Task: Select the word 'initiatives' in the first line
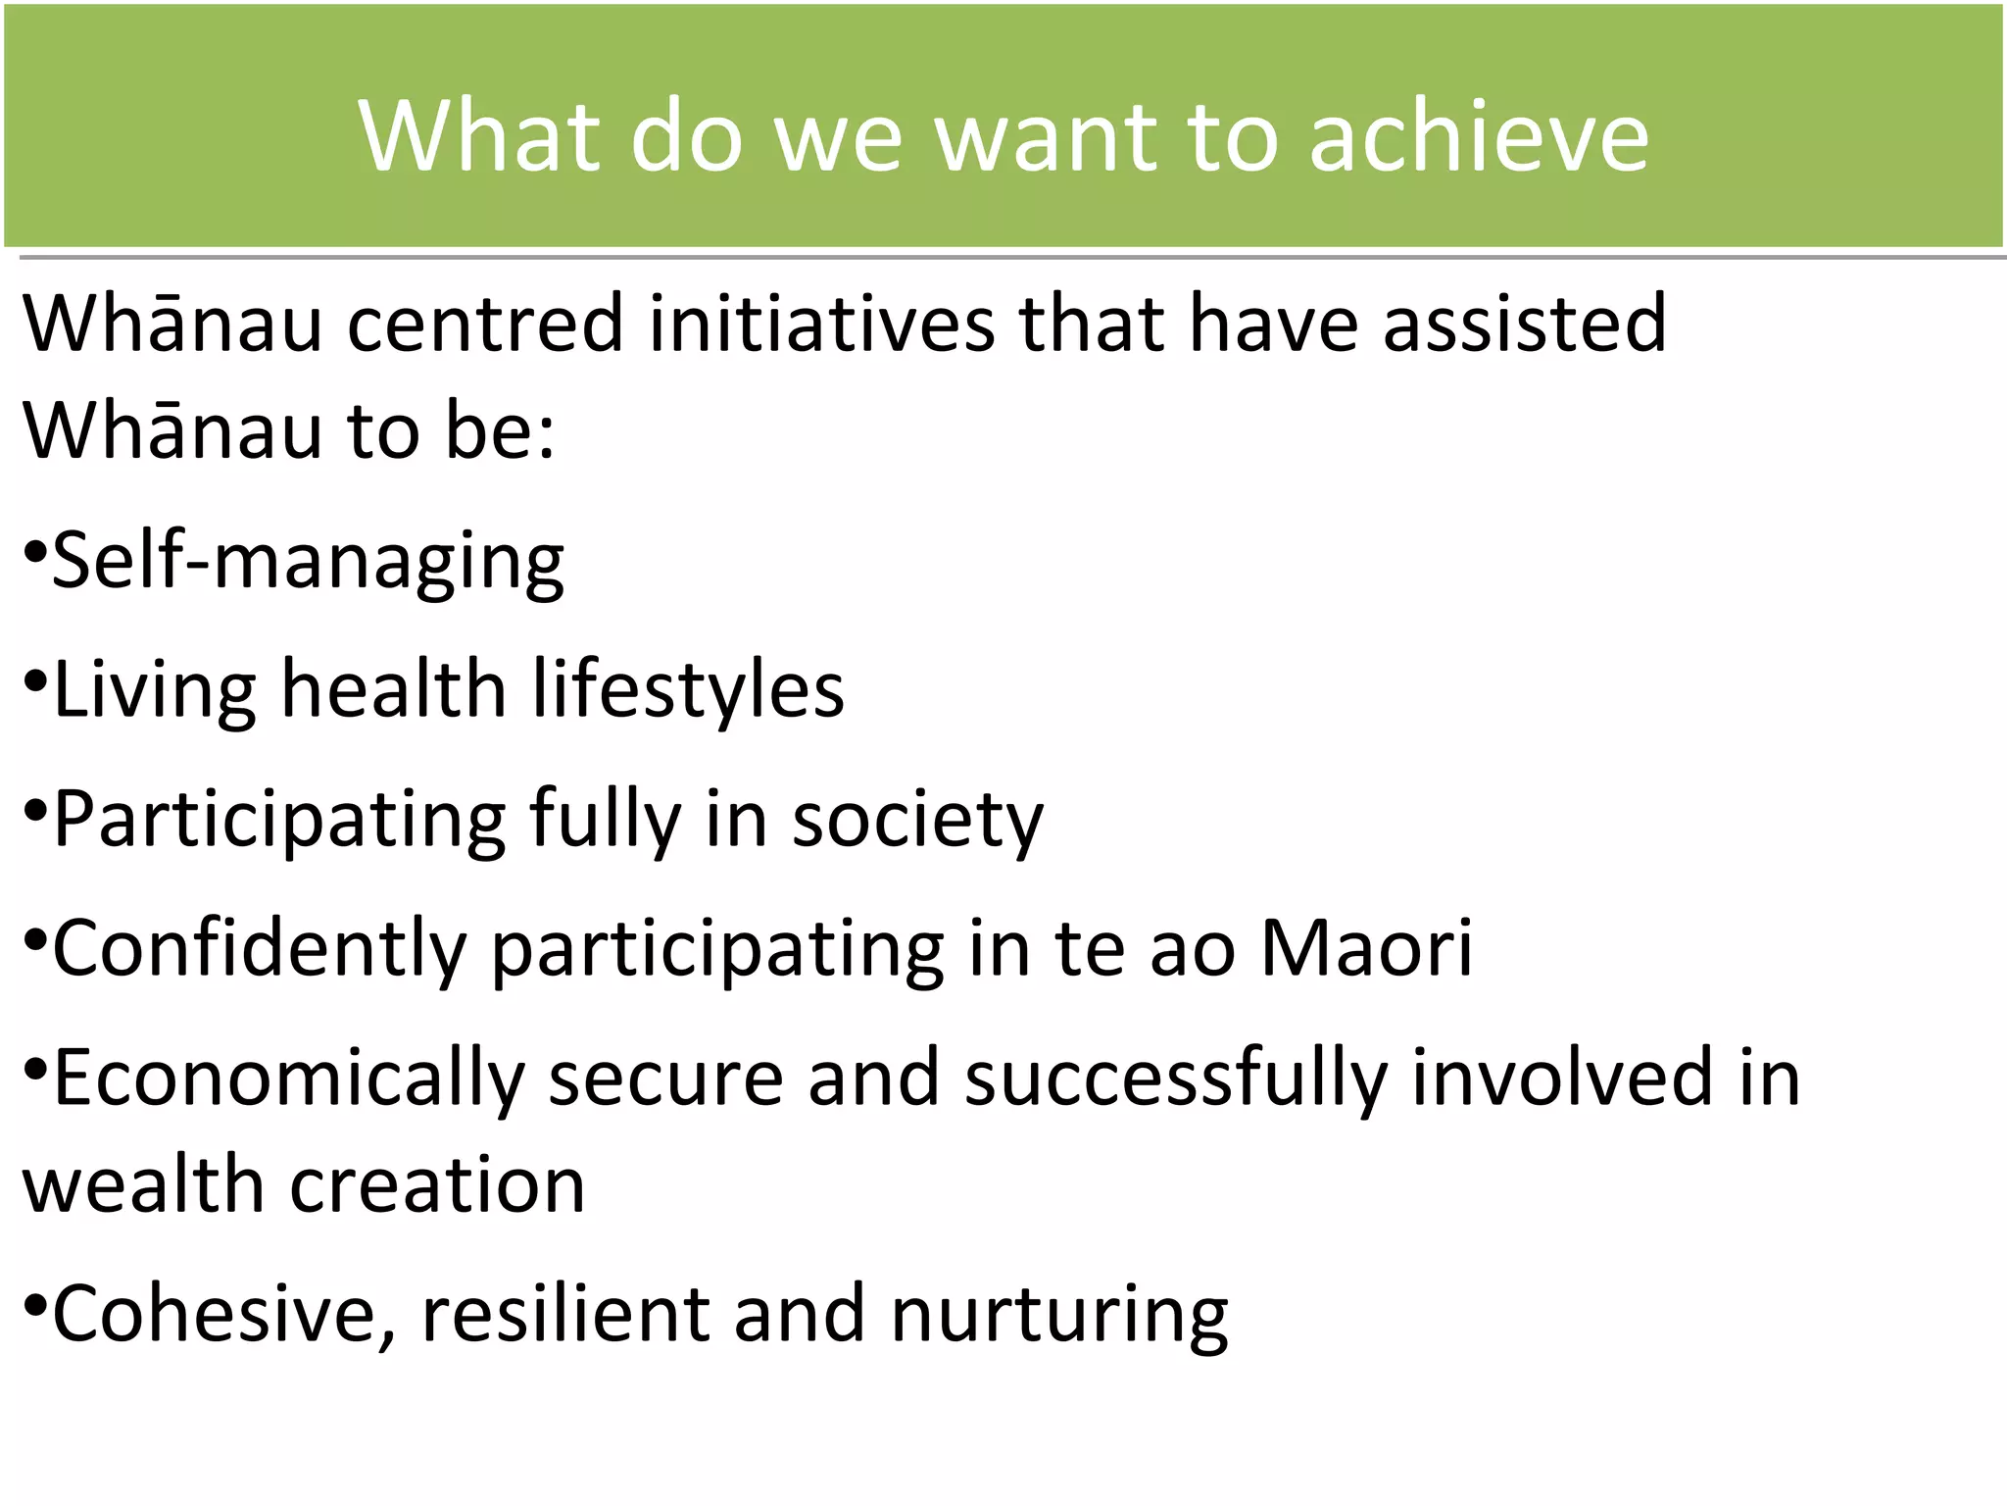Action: click(x=821, y=324)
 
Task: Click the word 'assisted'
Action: click(x=1524, y=324)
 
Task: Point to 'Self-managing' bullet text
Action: click(x=308, y=561)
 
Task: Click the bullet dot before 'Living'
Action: click(x=34, y=680)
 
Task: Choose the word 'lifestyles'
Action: click(x=688, y=689)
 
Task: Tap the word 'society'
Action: click(x=917, y=820)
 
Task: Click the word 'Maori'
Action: click(x=1366, y=948)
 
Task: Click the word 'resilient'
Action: click(x=564, y=1314)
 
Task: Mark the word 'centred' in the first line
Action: click(x=485, y=324)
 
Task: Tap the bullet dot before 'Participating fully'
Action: click(x=34, y=811)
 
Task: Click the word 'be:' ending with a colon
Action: click(x=500, y=431)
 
